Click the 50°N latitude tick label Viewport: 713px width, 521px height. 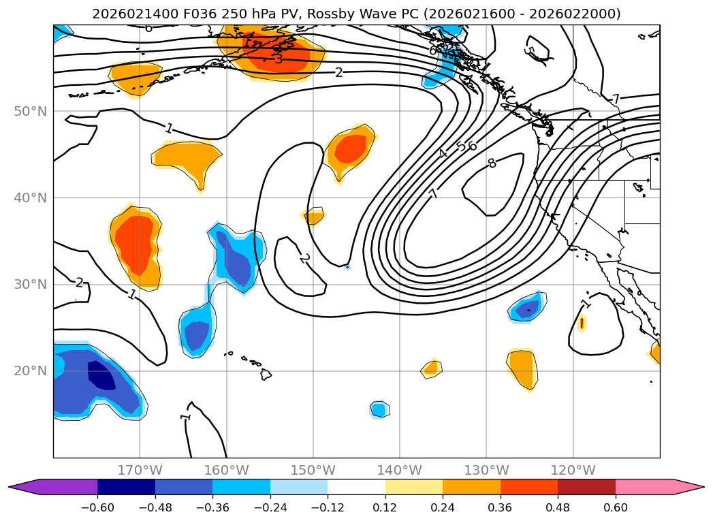click(30, 111)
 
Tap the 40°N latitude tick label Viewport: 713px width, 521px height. click(30, 198)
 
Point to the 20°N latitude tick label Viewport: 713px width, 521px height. click(30, 370)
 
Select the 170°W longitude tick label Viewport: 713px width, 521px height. click(140, 470)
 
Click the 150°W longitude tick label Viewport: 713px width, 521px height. click(313, 470)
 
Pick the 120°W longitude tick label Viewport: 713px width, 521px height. click(573, 470)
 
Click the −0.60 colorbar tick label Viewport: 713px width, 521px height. click(97, 509)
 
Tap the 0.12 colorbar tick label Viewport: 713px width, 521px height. click(385, 509)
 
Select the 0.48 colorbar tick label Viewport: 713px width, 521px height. click(558, 509)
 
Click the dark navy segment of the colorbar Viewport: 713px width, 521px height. click(126, 486)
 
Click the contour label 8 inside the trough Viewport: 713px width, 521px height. click(492, 163)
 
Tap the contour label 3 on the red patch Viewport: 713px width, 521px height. click(279, 59)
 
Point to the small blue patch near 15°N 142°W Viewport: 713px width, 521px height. click(379, 409)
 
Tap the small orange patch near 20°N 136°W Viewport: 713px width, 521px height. click(430, 369)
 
